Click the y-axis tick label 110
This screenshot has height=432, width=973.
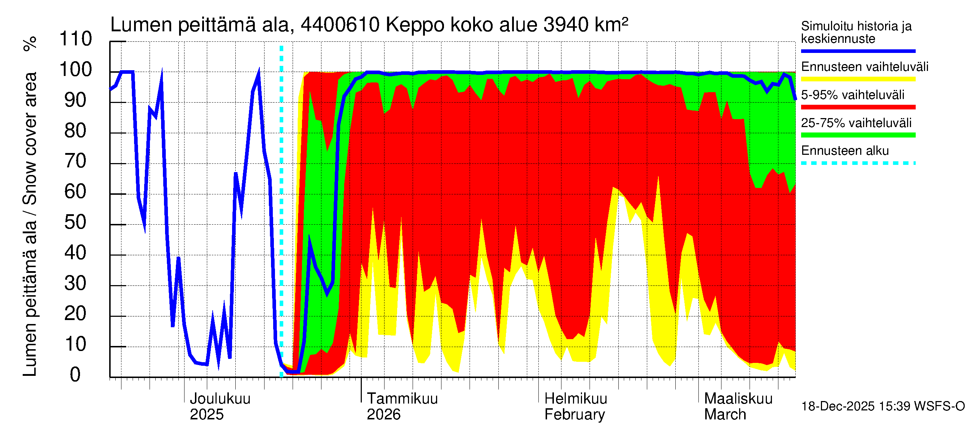tap(76, 39)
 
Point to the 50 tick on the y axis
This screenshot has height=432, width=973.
tap(76, 222)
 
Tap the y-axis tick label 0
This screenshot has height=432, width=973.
tap(76, 375)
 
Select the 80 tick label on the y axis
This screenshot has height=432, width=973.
tap(76, 131)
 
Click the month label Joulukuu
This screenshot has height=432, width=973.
tap(220, 399)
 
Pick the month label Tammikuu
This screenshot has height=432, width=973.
tap(402, 399)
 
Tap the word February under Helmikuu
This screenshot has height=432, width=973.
tap(574, 415)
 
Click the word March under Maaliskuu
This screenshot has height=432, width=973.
tap(725, 415)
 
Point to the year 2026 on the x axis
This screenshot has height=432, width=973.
tap(383, 415)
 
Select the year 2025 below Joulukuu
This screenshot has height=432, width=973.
tap(206, 415)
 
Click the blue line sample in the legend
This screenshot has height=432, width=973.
tap(858, 51)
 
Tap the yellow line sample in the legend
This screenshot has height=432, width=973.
tap(858, 79)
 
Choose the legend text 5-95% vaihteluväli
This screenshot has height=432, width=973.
tap(853, 95)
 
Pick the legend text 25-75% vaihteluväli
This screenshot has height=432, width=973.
tap(856, 123)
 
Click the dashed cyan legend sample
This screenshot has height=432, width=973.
tap(858, 163)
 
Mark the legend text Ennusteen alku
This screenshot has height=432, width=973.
tap(845, 151)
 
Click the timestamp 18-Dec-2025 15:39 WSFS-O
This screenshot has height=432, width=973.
tap(883, 406)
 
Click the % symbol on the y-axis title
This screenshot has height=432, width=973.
tap(30, 44)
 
